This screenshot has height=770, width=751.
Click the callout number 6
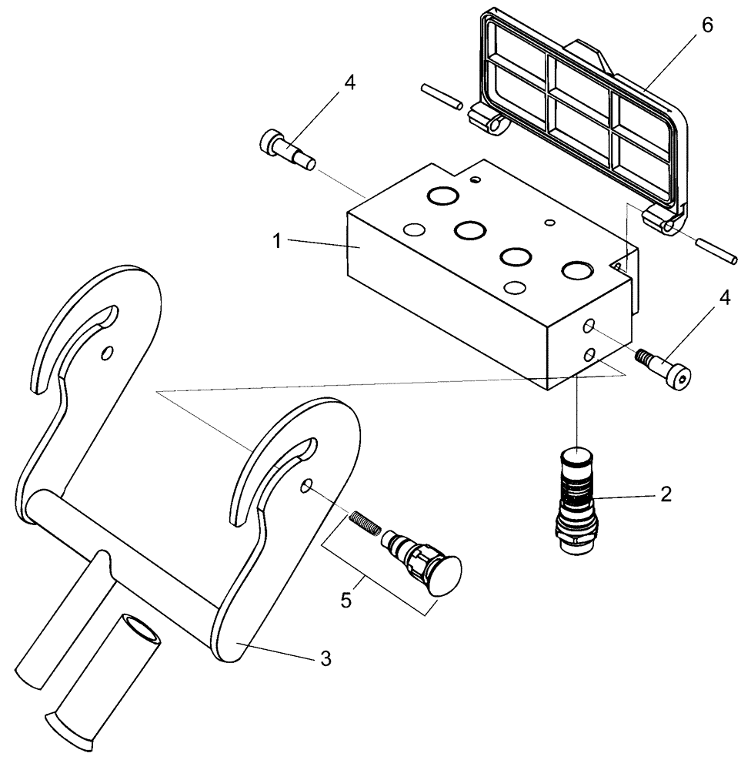pos(707,25)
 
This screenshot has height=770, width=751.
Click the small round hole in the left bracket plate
pos(107,352)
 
